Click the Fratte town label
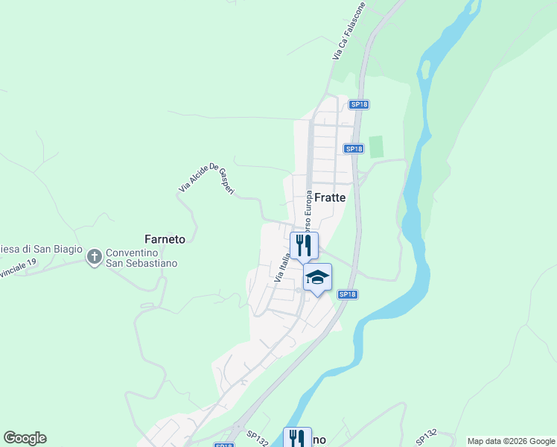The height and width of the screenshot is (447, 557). pos(330,198)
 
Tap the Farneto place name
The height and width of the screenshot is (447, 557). pos(164,239)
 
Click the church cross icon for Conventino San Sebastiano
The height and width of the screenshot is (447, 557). pos(94,257)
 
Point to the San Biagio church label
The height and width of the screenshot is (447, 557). pos(40,249)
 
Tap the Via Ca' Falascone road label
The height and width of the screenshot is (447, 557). pos(348,32)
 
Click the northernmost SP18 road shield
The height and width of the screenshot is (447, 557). pos(359,104)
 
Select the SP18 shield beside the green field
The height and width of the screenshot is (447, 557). pos(354,149)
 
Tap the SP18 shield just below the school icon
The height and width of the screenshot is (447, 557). pos(347,295)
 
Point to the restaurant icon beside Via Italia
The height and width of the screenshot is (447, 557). pos(304,245)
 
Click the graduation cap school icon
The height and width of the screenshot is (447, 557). pos(317,277)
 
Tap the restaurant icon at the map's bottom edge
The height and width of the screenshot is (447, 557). pos(297,437)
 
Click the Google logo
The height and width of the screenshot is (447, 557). pos(25,438)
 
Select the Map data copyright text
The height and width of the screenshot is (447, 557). pos(511,441)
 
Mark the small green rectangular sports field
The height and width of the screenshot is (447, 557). pos(375,147)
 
